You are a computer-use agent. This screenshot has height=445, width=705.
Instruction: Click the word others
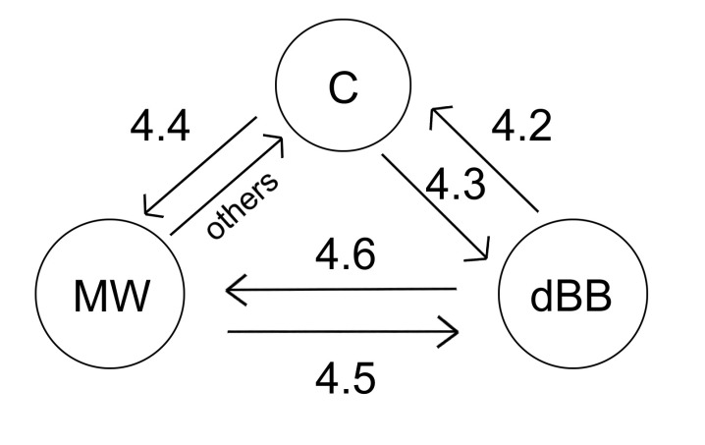[241, 204]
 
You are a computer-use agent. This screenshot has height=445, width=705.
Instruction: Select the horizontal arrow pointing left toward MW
[344, 290]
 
